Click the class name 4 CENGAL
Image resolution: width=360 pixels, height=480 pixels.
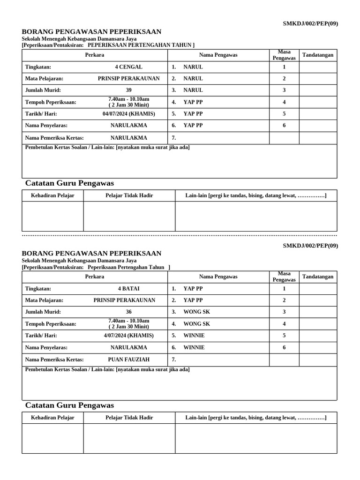coord(128,67)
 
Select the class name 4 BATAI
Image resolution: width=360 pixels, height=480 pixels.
coord(128,289)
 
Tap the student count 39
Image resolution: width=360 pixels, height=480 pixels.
coord(128,90)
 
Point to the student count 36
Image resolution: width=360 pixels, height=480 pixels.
coord(128,312)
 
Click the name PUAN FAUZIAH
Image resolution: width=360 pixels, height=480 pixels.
coord(128,360)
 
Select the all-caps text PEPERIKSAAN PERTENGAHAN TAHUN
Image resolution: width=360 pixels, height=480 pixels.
coord(141,45)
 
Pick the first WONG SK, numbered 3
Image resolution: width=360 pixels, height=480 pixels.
coord(196,312)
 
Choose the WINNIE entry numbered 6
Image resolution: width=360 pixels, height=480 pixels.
coord(194,348)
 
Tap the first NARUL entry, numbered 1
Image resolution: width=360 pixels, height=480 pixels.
coord(193,67)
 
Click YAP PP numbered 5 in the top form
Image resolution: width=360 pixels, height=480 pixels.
coord(193,113)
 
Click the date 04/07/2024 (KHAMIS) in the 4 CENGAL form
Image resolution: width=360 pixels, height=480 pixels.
coord(128,113)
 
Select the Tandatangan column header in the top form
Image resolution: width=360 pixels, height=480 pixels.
coord(318,55)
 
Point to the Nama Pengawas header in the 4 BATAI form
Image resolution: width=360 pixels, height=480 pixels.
coord(218,277)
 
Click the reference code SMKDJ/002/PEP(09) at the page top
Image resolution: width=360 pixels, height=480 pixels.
coord(310,23)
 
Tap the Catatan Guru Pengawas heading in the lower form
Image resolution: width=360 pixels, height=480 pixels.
coord(69,405)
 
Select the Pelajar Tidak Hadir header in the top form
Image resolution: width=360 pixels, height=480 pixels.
coord(129,195)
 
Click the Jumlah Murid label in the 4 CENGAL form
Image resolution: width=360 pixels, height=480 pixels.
coord(43,90)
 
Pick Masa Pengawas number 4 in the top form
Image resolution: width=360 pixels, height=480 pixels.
coord(284,102)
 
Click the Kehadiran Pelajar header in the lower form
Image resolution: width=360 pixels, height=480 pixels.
coord(52,418)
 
